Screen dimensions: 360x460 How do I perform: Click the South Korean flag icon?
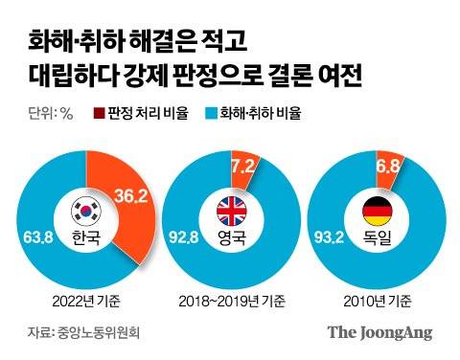point(85,209)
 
